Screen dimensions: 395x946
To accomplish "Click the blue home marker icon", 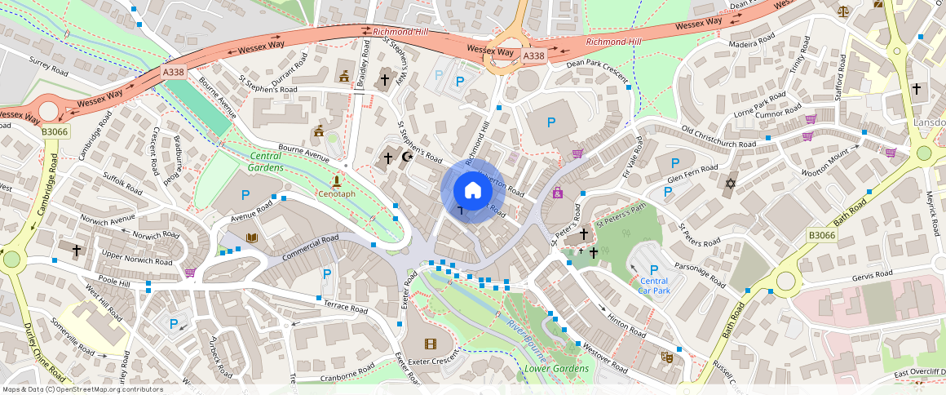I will (x=472, y=191).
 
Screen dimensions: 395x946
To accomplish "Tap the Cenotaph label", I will (x=335, y=194).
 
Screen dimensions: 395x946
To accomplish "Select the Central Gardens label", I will (x=266, y=161).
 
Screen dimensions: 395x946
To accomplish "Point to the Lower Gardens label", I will (x=556, y=369).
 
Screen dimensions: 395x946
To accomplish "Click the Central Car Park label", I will (x=653, y=285).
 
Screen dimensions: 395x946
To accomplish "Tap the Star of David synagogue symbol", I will (x=730, y=183).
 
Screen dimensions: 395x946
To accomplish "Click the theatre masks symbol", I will (x=666, y=357).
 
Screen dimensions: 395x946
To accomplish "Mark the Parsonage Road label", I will (x=700, y=274).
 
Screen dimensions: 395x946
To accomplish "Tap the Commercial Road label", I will (x=310, y=248).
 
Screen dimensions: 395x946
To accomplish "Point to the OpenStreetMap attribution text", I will (x=82, y=389).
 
